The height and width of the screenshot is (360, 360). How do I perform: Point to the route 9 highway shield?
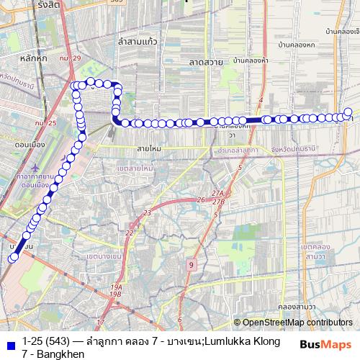pyautogui.click(x=191, y=265)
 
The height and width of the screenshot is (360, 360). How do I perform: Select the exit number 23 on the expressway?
pyautogui.click(x=148, y=212)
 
